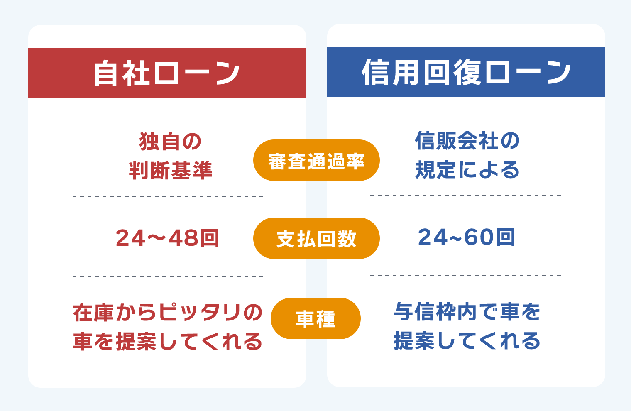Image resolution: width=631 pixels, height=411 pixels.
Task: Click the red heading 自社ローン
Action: pyautogui.click(x=167, y=73)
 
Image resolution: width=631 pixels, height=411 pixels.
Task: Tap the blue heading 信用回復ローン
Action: pyautogui.click(x=466, y=72)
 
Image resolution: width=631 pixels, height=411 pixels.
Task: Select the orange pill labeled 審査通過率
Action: pyautogui.click(x=316, y=161)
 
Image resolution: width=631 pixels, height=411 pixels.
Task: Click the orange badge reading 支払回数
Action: pyautogui.click(x=316, y=239)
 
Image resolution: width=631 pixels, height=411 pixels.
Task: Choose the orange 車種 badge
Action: pyautogui.click(x=315, y=319)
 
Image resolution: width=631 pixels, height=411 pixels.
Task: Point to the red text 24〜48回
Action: pyautogui.click(x=167, y=238)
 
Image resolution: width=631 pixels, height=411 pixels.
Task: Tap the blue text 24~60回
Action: pyautogui.click(x=467, y=237)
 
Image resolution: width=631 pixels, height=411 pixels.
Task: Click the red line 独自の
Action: pyautogui.click(x=170, y=142)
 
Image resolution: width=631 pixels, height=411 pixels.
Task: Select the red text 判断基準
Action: pyautogui.click(x=170, y=171)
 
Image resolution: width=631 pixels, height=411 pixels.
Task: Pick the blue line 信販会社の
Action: pyautogui.click(x=467, y=141)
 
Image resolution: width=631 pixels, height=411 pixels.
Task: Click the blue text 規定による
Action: pyautogui.click(x=467, y=170)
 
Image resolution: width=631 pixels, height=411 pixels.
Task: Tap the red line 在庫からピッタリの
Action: pyautogui.click(x=167, y=313)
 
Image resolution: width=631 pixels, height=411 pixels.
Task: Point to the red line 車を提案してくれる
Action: pyautogui.click(x=167, y=341)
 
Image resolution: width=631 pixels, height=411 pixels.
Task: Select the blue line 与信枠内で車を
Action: pyautogui.click(x=467, y=312)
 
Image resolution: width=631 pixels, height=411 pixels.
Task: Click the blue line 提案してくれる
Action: pyautogui.click(x=467, y=341)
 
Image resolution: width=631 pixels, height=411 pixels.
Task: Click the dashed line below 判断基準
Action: pyautogui.click(x=168, y=196)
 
